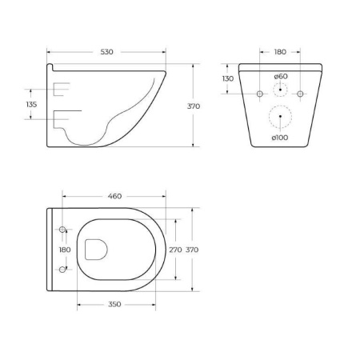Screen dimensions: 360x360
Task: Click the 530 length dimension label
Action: (107, 52)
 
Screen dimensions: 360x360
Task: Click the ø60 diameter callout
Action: (280, 76)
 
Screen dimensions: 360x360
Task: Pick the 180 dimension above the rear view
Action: (280, 52)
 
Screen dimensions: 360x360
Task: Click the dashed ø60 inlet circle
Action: (280, 90)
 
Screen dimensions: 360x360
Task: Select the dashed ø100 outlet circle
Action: (280, 118)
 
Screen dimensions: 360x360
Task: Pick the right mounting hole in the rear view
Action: (300, 94)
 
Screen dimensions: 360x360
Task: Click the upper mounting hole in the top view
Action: (63, 230)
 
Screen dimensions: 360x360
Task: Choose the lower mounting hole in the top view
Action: (63, 270)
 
